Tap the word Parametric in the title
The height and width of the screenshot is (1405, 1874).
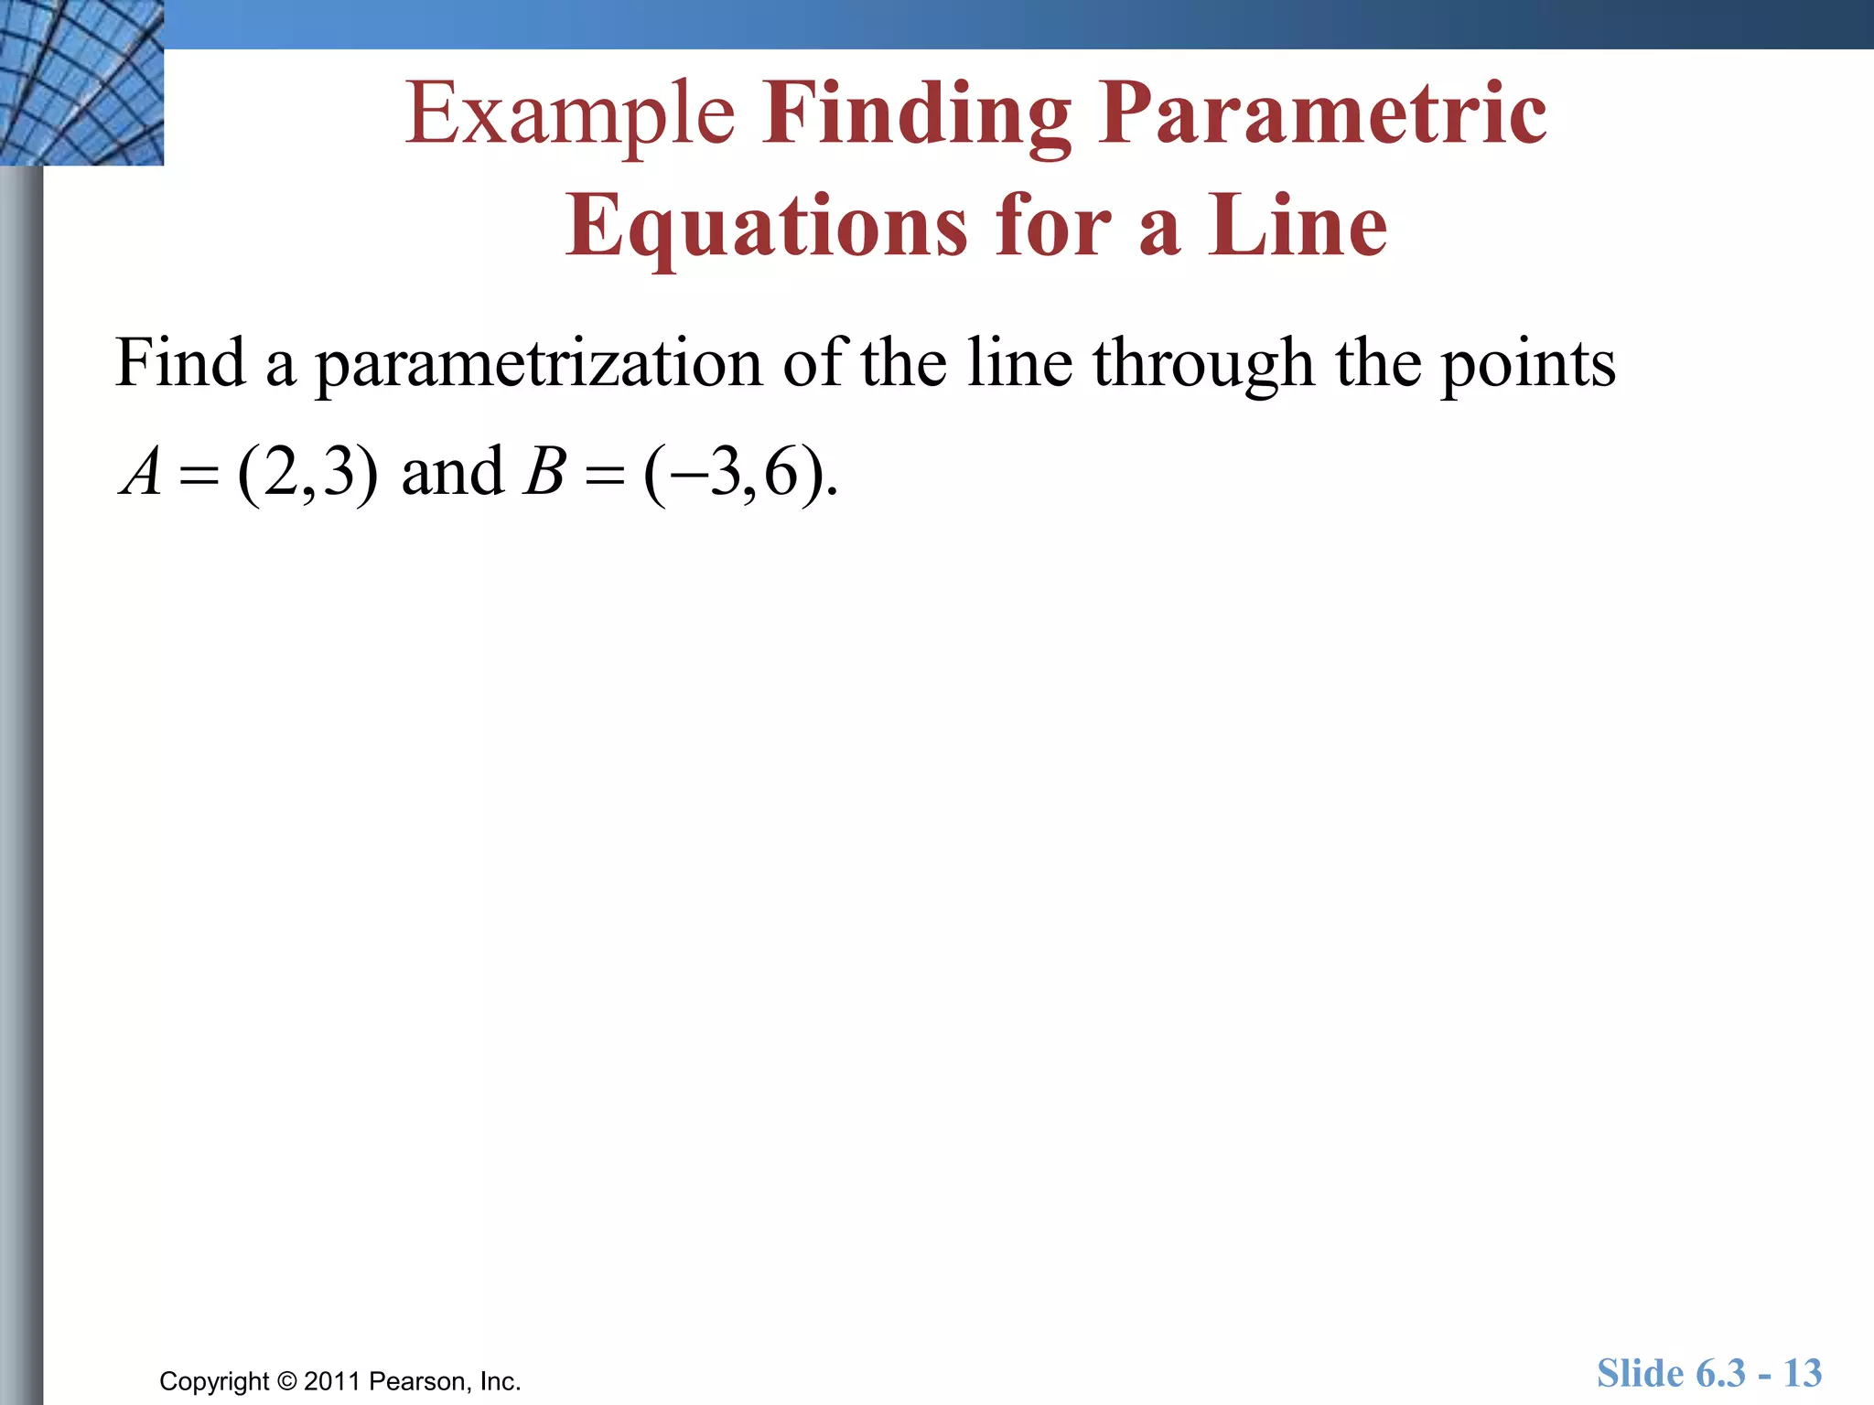pos(1323,113)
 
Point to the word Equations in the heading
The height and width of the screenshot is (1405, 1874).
pos(766,227)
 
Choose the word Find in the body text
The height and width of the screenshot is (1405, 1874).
pos(180,362)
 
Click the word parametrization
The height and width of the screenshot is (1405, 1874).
pos(539,364)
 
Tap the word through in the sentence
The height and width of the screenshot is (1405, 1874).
pos(1204,364)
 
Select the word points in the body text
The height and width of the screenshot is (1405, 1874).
pos(1528,364)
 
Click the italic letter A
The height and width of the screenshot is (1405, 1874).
pos(142,472)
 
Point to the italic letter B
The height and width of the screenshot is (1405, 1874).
pos(544,472)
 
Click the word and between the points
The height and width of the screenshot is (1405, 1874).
pos(452,472)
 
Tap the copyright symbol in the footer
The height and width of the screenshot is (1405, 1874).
pos(286,1381)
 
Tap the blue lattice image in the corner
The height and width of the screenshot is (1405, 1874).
pos(81,82)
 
